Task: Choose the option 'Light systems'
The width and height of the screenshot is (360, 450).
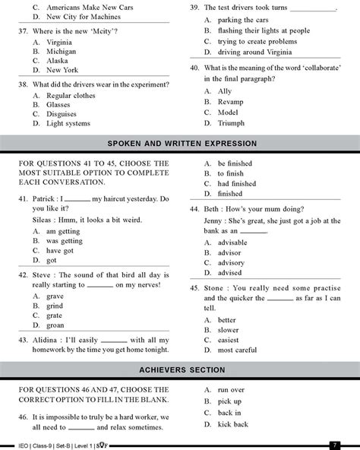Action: (69, 122)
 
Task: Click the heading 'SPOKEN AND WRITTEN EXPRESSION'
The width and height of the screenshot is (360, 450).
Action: (179, 144)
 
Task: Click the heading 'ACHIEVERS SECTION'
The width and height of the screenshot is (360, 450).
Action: (179, 370)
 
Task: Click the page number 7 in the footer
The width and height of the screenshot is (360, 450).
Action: (334, 444)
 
